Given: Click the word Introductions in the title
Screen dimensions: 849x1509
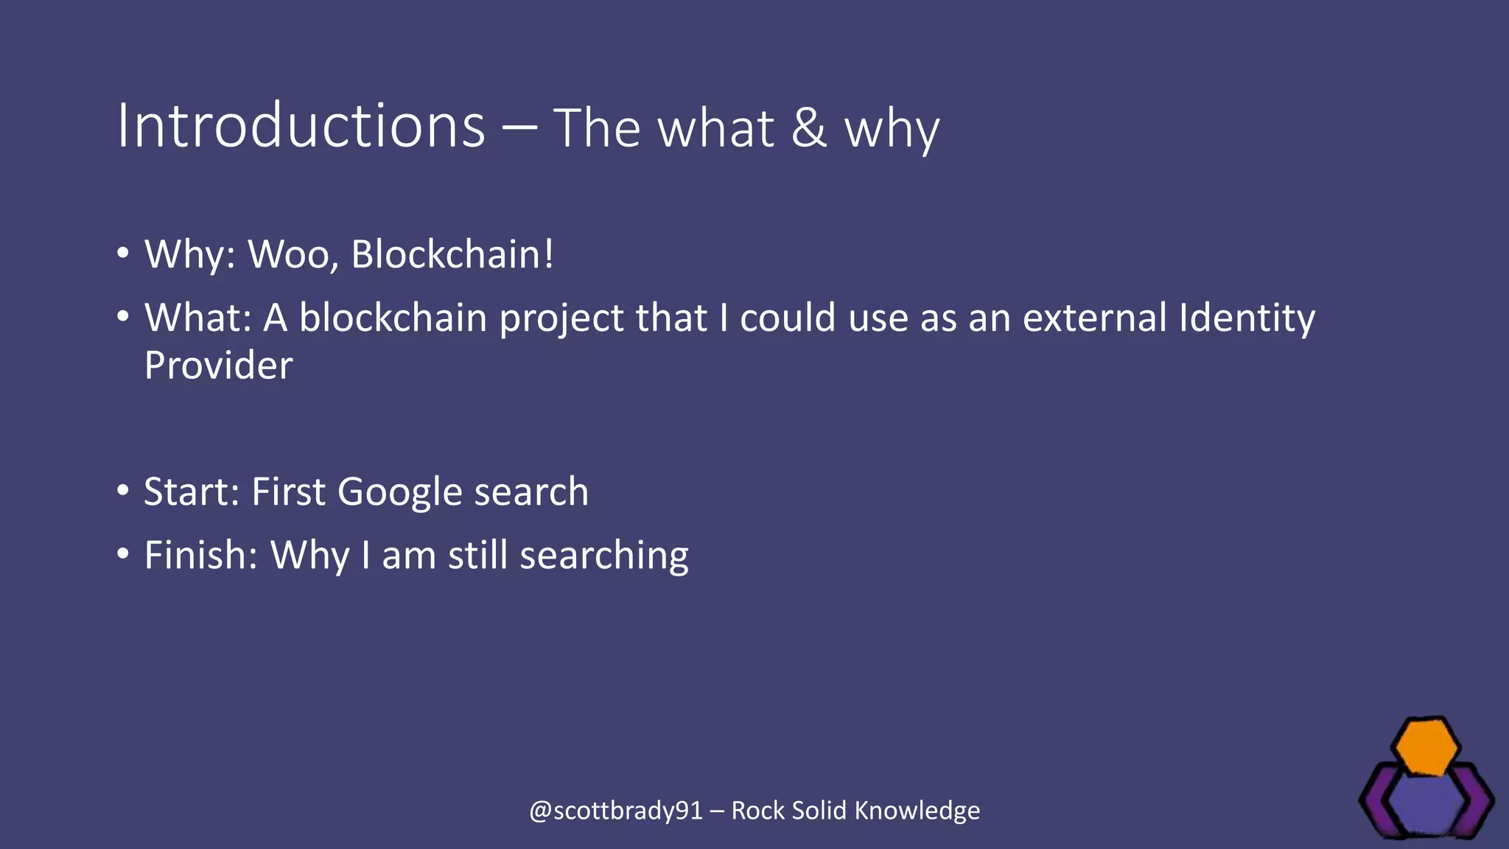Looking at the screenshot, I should pos(301,126).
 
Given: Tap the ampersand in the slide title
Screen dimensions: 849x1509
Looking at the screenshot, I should pos(808,127).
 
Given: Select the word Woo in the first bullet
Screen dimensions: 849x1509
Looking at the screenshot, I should pos(292,254).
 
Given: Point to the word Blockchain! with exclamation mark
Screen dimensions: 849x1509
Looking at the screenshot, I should pos(452,254).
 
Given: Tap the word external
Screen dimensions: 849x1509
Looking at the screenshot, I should pos(1094,318).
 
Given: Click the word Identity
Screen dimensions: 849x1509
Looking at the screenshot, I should pos(1247,319).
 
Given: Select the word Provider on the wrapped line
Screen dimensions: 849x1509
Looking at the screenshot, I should pos(218,366).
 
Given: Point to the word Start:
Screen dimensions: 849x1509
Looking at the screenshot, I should pos(192,492).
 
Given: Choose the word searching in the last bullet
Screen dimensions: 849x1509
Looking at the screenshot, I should pos(603,556).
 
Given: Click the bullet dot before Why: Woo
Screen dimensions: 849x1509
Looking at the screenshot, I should pos(123,254).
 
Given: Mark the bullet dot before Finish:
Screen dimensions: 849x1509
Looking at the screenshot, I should pos(123,553).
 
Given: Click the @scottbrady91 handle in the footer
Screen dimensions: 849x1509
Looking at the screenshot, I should pos(615,811).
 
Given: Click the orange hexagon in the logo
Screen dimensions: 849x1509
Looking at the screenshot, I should pos(1426,747).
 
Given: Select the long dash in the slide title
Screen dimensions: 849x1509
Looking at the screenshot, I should pos(519,127).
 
